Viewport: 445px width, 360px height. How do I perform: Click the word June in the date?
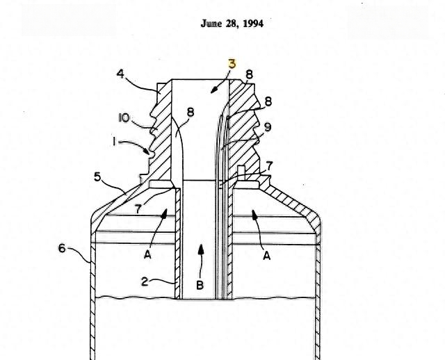click(211, 24)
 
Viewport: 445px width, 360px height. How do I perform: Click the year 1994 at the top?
click(253, 24)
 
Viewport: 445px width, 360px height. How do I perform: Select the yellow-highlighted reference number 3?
click(232, 64)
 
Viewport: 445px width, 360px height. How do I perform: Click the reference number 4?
click(120, 74)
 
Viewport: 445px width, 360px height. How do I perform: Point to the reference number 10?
click(124, 117)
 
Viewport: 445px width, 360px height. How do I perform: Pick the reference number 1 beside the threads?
click(114, 141)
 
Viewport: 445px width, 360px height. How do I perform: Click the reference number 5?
click(97, 177)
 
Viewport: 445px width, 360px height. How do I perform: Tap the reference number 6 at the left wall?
click(62, 249)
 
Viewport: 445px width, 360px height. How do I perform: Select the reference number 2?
click(145, 281)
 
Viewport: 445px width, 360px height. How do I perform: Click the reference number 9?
click(267, 127)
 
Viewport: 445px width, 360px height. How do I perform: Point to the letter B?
click(200, 285)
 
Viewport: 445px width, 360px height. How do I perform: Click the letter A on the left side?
click(147, 254)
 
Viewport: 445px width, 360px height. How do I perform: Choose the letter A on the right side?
click(266, 256)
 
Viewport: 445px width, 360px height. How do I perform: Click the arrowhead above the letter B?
click(201, 249)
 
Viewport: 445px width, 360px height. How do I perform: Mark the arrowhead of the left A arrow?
click(164, 213)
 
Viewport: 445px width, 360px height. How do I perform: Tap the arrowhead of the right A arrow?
click(254, 215)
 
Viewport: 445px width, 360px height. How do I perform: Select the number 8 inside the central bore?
click(191, 113)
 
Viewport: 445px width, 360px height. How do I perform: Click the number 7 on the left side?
click(138, 209)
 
